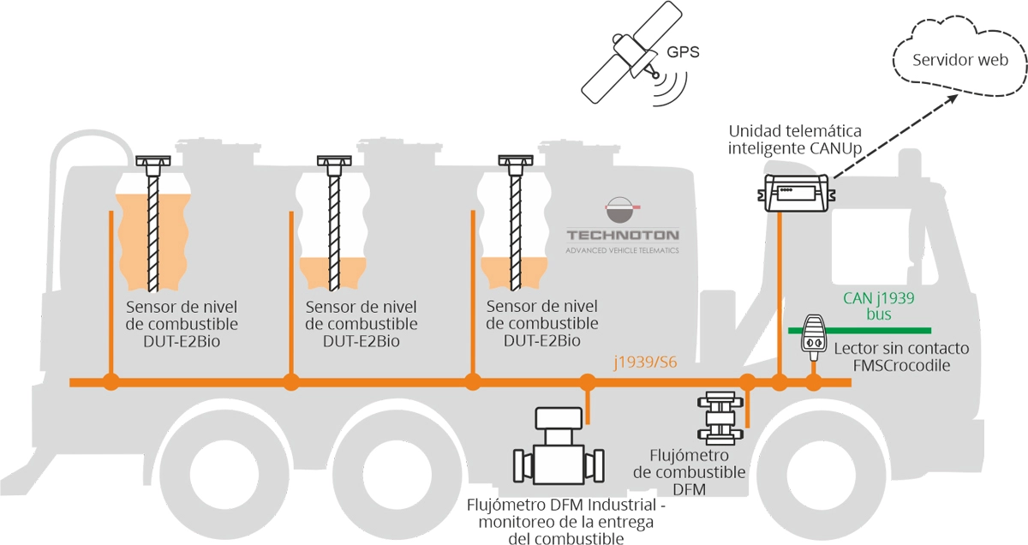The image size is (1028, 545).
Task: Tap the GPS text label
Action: pos(683,52)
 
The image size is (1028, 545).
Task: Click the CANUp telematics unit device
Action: pos(796,193)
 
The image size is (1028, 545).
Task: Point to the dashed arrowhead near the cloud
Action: pos(952,99)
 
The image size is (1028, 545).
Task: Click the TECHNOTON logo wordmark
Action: pos(623,236)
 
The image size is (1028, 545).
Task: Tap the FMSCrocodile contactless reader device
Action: pos(814,338)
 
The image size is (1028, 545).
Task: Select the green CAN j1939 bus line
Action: pos(859,331)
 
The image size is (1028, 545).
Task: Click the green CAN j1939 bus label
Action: pos(878,306)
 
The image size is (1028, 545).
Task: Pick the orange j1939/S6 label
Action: pos(645,362)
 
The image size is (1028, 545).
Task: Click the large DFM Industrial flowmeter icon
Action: pos(558,446)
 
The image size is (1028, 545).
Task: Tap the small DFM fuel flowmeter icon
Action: pos(720,418)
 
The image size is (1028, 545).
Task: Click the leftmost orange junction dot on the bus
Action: pos(111,382)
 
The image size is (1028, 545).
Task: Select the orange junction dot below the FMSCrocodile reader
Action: pos(814,382)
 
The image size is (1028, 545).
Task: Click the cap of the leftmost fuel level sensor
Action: pos(153,161)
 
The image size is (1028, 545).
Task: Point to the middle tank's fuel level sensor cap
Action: pos(335,161)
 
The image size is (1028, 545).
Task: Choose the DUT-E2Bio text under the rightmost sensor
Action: pos(542,341)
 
